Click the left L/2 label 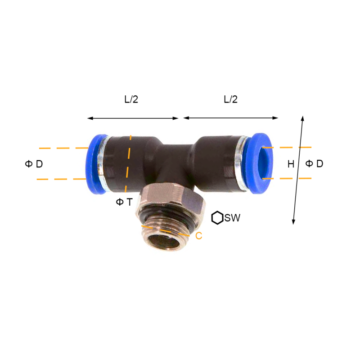pyautogui.click(x=131, y=99)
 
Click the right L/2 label pyautogui.click(x=230, y=99)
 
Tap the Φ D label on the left pyautogui.click(x=34, y=164)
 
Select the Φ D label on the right pyautogui.click(x=314, y=163)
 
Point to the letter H pyautogui.click(x=291, y=164)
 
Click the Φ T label pyautogui.click(x=124, y=202)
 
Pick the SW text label pyautogui.click(x=232, y=218)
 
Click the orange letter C pyautogui.click(x=199, y=236)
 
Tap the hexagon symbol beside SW pyautogui.click(x=217, y=218)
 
